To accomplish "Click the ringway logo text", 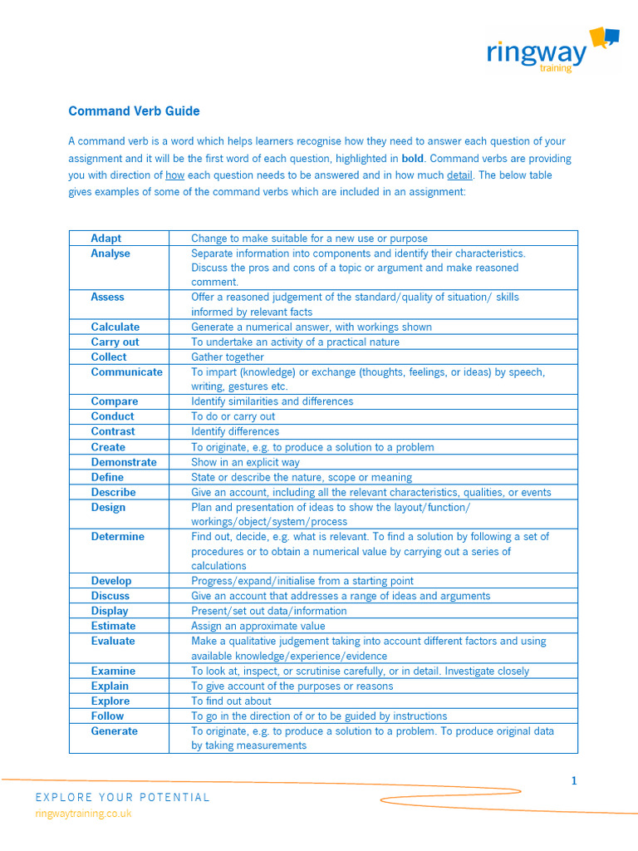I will (536, 53).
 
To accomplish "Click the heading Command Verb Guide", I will (134, 111).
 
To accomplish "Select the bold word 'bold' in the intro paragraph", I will (412, 158).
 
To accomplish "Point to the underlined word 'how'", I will (174, 175).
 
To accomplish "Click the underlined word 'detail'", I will (459, 175).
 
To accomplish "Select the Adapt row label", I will (106, 239).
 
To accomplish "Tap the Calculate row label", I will (115, 327).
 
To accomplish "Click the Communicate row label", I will (126, 372).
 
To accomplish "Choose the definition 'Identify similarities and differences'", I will (272, 401).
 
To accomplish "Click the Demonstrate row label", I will (125, 462).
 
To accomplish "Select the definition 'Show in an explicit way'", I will (245, 462).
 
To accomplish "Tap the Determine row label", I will (117, 537).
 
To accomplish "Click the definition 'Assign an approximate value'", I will (258, 626).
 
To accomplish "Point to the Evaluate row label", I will (113, 641).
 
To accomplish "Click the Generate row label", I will (115, 731).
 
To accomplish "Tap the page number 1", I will (573, 780).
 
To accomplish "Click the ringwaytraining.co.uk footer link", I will (83, 814).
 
